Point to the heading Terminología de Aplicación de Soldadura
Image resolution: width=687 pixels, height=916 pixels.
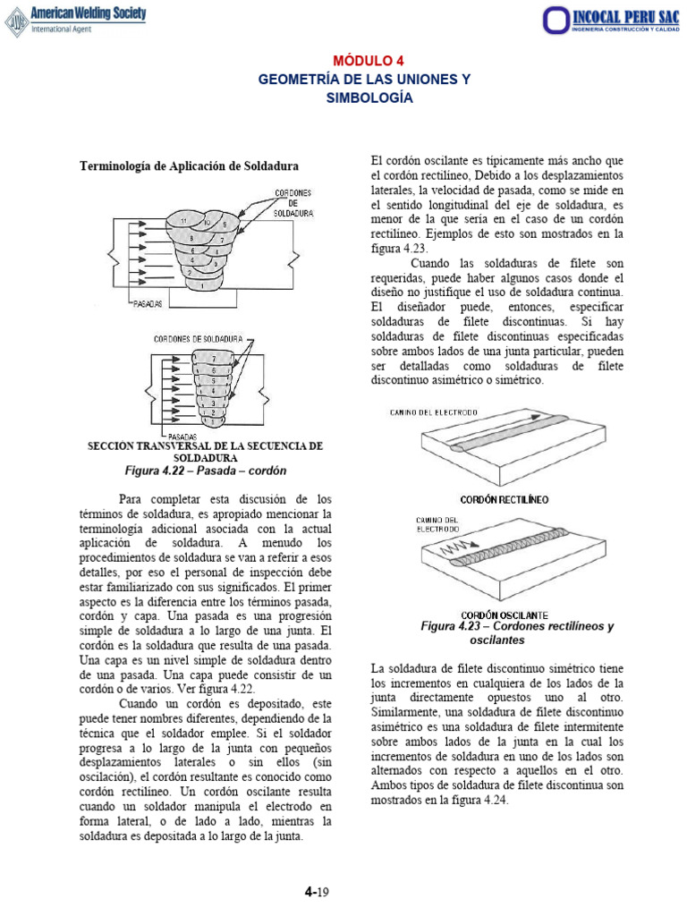point(190,166)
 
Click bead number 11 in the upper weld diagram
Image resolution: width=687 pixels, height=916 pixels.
point(182,220)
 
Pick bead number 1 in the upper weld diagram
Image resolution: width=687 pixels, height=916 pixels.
point(202,286)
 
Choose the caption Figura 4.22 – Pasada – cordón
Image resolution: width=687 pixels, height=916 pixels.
point(205,471)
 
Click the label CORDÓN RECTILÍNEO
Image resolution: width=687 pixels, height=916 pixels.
point(505,498)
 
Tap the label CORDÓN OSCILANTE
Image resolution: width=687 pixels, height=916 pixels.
point(505,615)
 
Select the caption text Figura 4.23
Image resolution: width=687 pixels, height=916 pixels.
point(453,627)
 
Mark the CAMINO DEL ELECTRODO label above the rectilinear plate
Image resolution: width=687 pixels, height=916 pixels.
point(434,411)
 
